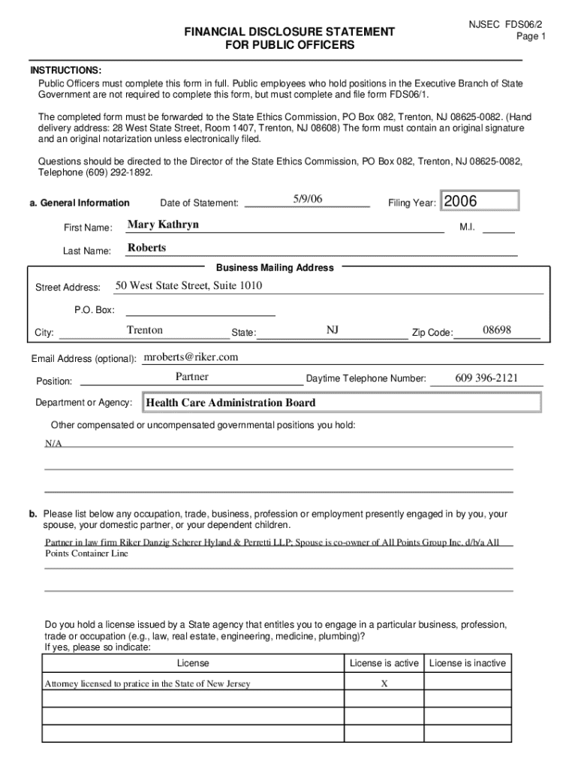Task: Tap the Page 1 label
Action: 531,36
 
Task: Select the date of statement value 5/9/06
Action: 308,199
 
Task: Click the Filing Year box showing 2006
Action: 480,201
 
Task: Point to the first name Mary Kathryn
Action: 164,225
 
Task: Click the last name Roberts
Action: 147,248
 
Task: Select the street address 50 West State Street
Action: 188,286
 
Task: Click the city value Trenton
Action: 145,330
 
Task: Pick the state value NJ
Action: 333,330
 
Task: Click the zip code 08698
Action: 497,330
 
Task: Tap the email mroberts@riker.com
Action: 191,357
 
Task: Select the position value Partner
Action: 192,377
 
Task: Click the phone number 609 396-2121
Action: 486,378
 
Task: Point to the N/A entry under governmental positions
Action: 53,444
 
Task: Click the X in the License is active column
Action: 384,684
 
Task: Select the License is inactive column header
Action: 467,663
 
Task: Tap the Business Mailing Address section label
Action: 275,267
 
